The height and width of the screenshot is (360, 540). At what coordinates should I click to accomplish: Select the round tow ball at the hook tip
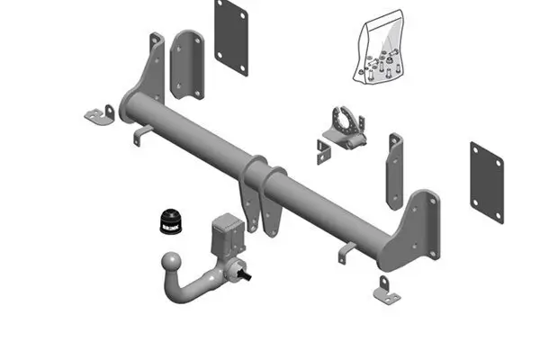pos(170,264)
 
